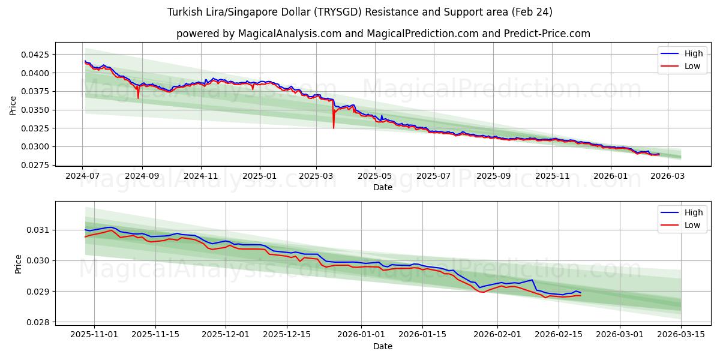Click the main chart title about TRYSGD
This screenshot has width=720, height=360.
pos(360,12)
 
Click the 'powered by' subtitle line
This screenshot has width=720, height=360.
pos(383,34)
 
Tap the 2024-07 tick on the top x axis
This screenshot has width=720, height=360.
pos(82,176)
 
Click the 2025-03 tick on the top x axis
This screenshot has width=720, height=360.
pos(316,176)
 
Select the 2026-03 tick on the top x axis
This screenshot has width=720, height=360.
pos(668,176)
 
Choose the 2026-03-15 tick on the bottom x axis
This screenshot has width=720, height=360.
pos(681,335)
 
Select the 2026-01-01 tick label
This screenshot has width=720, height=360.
pos(361,335)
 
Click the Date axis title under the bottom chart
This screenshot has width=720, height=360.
pos(383,346)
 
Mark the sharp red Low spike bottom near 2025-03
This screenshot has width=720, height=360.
pos(334,128)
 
